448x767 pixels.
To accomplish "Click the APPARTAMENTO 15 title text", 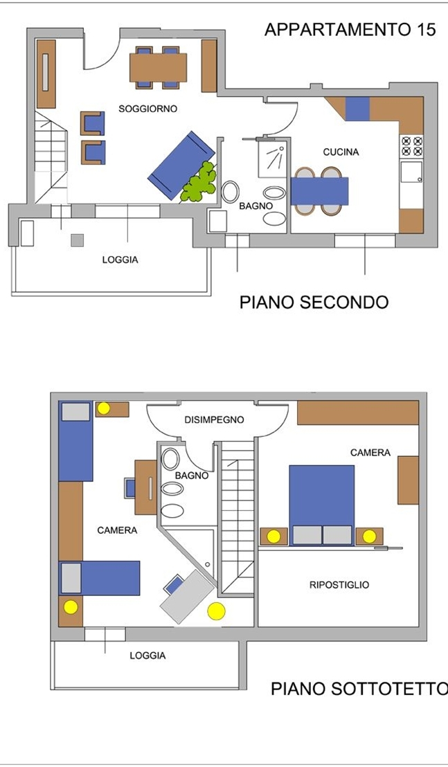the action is [350, 29].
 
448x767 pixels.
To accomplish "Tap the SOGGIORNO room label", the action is [147, 109].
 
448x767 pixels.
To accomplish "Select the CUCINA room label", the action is [341, 152].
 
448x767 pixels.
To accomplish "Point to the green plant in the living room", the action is [199, 182].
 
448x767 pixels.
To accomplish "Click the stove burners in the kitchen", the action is [411, 145].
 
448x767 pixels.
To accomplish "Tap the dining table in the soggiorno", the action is [158, 68].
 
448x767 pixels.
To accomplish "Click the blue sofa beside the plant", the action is [181, 165].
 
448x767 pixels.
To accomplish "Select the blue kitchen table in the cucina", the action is [319, 191].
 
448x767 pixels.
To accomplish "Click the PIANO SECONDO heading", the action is [314, 303].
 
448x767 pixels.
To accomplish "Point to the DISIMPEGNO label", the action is [214, 419].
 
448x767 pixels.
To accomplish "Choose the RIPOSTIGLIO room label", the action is [339, 584].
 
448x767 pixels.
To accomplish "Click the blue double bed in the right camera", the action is [321, 505].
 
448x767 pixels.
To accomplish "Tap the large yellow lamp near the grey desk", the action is [216, 611].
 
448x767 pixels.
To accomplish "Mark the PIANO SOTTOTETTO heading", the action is [359, 689].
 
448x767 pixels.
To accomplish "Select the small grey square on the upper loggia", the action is [78, 240].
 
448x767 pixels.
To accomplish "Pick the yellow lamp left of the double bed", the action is [274, 536].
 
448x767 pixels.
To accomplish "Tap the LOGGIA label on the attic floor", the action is [147, 656].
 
